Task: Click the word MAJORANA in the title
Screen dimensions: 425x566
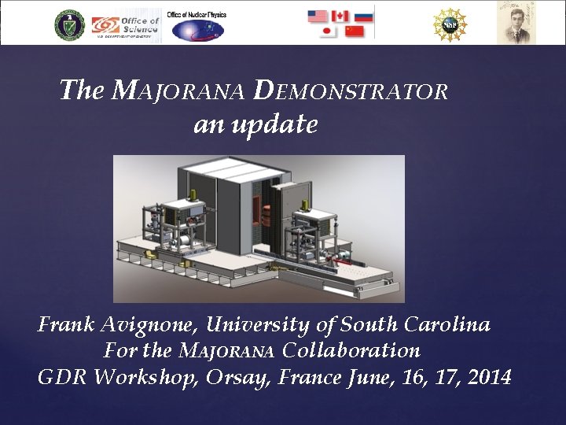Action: click(x=179, y=91)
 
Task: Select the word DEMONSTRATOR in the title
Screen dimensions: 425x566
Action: click(x=351, y=91)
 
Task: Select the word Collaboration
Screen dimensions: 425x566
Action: click(x=351, y=350)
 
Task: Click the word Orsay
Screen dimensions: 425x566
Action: click(x=237, y=377)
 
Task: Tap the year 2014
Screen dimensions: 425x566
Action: click(x=489, y=377)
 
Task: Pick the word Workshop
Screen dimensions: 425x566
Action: click(x=146, y=377)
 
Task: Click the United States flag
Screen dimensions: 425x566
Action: click(x=317, y=16)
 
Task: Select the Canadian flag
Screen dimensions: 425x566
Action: click(x=340, y=16)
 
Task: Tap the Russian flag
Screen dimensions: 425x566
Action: click(x=363, y=16)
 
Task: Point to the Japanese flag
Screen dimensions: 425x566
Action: click(x=329, y=31)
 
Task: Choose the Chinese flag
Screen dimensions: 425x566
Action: click(x=355, y=31)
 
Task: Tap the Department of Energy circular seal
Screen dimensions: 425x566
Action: click(x=69, y=25)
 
